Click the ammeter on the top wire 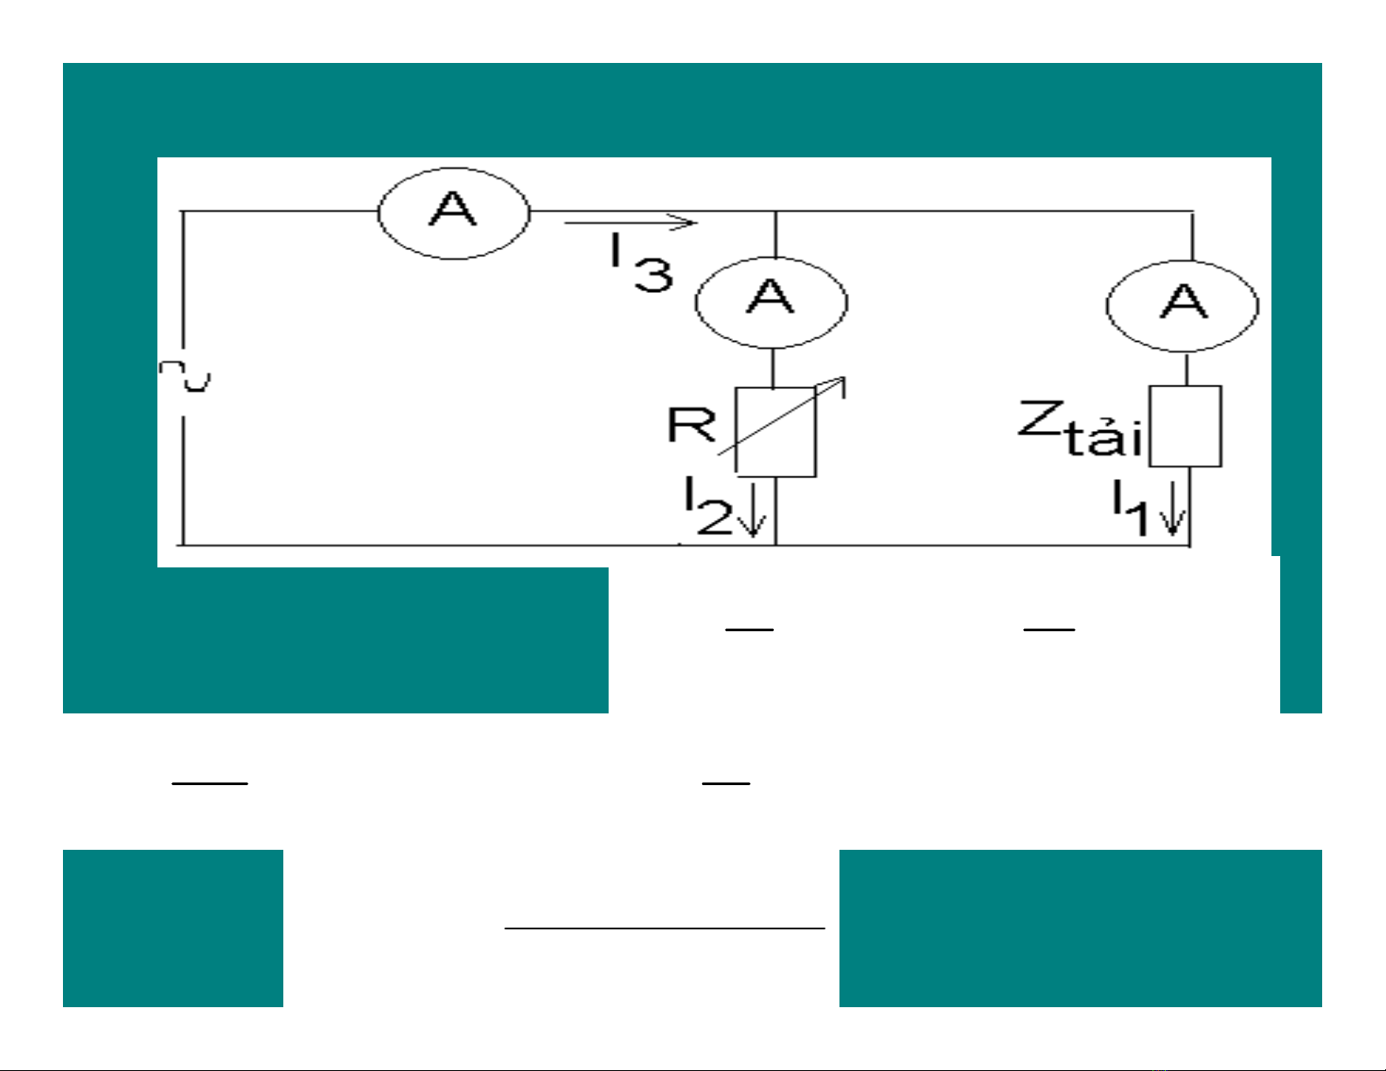coord(454,212)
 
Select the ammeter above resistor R coord(771,302)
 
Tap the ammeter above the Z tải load coord(1182,305)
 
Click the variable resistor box coord(776,432)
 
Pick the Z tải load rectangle coord(1185,426)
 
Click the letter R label coord(691,426)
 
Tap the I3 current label coord(641,263)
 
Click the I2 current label coord(707,509)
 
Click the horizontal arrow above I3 coord(630,223)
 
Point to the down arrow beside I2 coord(751,518)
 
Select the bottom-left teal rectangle coord(172,928)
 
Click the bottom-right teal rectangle coord(1080,928)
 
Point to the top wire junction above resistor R coord(776,211)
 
